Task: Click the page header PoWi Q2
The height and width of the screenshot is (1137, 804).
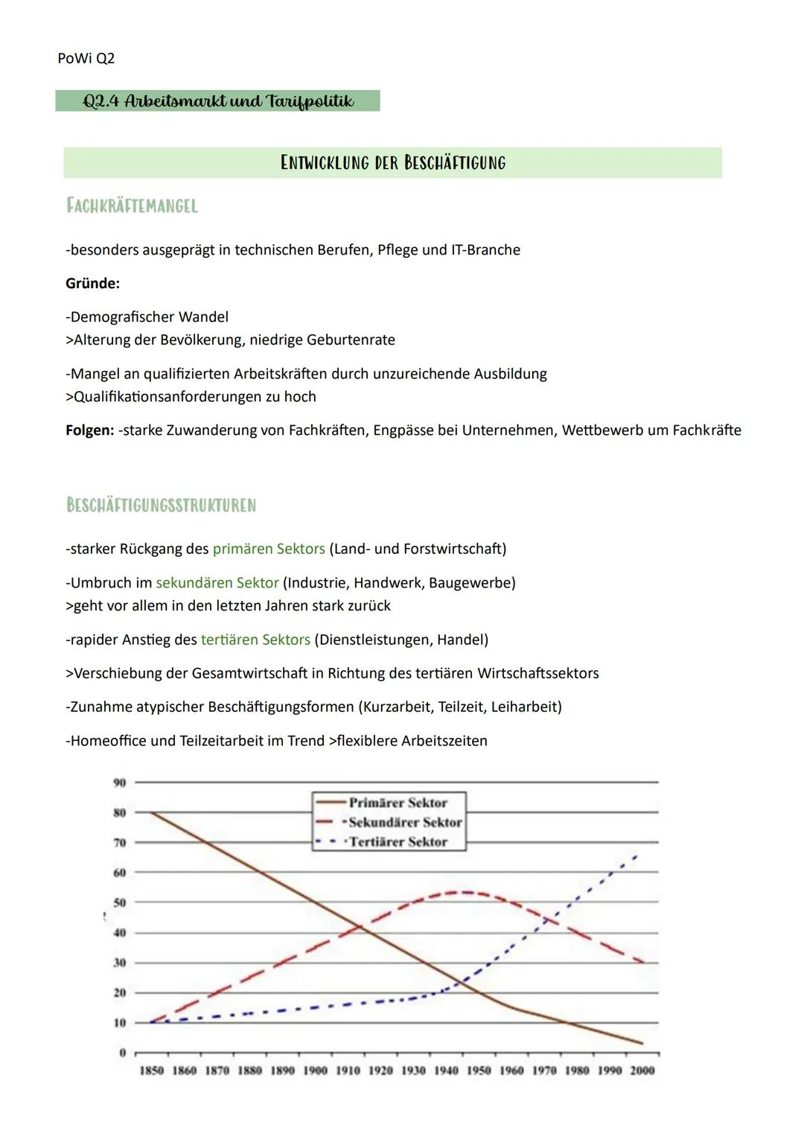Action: pyautogui.click(x=86, y=58)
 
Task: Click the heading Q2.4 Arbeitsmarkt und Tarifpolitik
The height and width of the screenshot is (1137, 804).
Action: pyautogui.click(x=217, y=101)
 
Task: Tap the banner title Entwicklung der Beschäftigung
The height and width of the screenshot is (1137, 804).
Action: pyautogui.click(x=392, y=162)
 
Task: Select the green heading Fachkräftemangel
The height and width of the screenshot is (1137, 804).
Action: pyautogui.click(x=132, y=206)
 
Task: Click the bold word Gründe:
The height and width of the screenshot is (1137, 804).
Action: pyautogui.click(x=92, y=283)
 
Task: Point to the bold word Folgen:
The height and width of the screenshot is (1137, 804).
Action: pyautogui.click(x=89, y=430)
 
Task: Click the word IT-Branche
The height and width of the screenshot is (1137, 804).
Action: pyautogui.click(x=485, y=249)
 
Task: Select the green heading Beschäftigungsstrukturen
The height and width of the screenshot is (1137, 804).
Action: pyautogui.click(x=161, y=506)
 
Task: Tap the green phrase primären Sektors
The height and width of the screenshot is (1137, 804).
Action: pyautogui.click(x=269, y=549)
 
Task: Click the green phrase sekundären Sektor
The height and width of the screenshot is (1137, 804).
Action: pyautogui.click(x=217, y=582)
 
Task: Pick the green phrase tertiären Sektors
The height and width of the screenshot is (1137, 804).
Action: pyautogui.click(x=255, y=640)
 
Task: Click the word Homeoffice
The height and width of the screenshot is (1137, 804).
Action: pyautogui.click(x=109, y=741)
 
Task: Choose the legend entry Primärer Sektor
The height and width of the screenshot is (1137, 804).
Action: pyautogui.click(x=398, y=803)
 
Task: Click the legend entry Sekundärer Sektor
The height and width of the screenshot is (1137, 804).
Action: pyautogui.click(x=405, y=822)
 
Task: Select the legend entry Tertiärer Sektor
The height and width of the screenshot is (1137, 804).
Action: pyautogui.click(x=398, y=841)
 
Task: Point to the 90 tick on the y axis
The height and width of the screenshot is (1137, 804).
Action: pyautogui.click(x=119, y=782)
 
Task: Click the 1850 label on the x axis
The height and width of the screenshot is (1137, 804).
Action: pyautogui.click(x=152, y=1070)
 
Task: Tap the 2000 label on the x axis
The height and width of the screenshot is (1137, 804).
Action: pyautogui.click(x=642, y=1070)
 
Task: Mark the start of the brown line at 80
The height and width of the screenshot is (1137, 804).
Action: pyautogui.click(x=152, y=812)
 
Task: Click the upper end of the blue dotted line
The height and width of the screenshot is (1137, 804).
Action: pyautogui.click(x=636, y=856)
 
